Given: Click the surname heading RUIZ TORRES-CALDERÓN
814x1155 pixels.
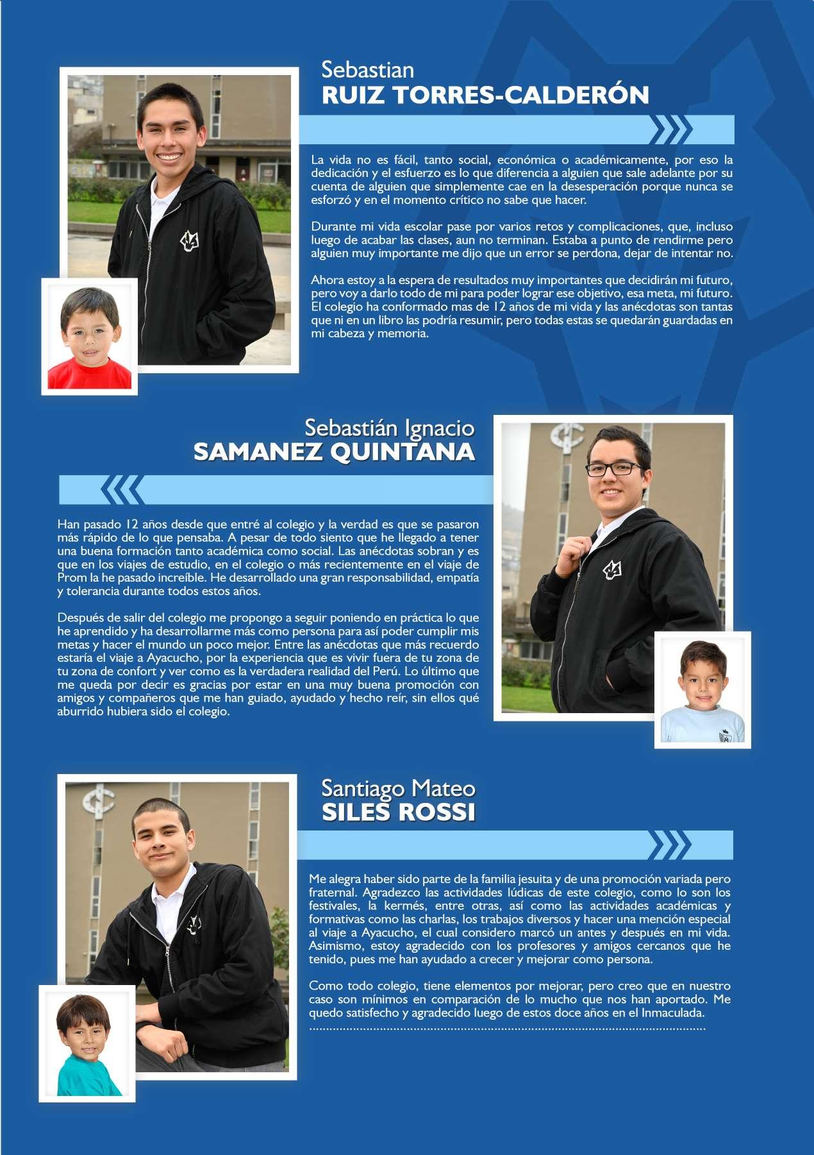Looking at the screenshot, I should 485,95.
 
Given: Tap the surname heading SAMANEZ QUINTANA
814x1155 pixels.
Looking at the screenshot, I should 334,452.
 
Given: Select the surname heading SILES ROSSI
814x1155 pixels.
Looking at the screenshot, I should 398,812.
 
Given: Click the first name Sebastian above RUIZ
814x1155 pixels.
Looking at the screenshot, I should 367,69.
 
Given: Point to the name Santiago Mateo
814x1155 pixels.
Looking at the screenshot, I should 398,788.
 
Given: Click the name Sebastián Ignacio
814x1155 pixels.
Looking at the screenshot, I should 389,428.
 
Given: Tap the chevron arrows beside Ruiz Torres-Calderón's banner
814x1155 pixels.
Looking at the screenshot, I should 670,130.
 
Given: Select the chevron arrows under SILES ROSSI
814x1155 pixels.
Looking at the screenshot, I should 670,845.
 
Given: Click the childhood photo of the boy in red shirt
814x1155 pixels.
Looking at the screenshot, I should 90,337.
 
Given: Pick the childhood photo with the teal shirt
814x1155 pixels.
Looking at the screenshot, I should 87,1043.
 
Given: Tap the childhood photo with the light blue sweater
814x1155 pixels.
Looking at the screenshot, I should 702,690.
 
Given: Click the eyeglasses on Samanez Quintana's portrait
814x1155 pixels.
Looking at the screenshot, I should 615,469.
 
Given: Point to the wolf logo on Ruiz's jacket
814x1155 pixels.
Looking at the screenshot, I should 190,241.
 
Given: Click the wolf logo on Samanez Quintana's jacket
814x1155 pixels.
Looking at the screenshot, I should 612,569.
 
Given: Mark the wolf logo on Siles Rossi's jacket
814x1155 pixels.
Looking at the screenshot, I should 194,924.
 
